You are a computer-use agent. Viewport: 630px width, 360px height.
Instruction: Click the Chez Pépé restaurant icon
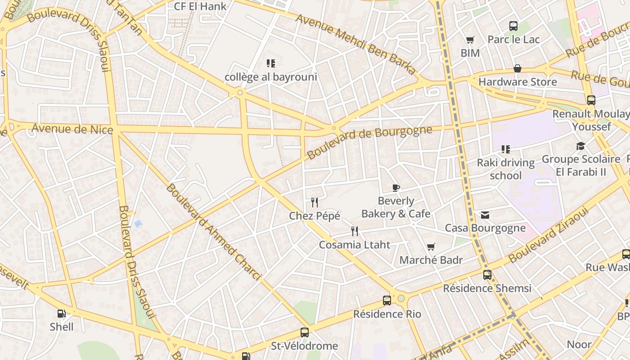pyautogui.click(x=315, y=202)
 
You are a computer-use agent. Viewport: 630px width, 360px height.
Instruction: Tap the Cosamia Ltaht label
pyautogui.click(x=355, y=245)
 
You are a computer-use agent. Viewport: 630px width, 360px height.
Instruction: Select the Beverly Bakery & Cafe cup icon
pyautogui.click(x=396, y=188)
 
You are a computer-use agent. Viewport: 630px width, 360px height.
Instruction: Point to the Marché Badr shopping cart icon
pyautogui.click(x=431, y=247)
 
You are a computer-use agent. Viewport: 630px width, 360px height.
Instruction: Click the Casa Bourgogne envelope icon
pyautogui.click(x=485, y=215)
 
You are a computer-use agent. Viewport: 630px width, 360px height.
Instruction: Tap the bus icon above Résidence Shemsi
pyautogui.click(x=487, y=274)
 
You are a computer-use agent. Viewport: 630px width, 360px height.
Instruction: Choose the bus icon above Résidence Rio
pyautogui.click(x=387, y=300)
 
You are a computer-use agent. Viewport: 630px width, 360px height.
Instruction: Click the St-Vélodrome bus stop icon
pyautogui.click(x=305, y=333)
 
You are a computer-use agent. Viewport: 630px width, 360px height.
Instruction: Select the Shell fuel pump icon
pyautogui.click(x=62, y=314)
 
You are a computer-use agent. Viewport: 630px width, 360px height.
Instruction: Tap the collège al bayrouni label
pyautogui.click(x=271, y=77)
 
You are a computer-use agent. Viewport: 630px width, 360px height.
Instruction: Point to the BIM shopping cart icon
pyautogui.click(x=470, y=40)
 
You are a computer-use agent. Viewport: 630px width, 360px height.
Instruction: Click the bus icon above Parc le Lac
pyautogui.click(x=513, y=26)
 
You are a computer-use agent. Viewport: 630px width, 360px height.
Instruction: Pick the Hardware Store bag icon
pyautogui.click(x=517, y=68)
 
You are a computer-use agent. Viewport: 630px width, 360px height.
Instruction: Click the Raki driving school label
pyautogui.click(x=506, y=169)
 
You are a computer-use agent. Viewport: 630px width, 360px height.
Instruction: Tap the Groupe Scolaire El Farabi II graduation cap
pyautogui.click(x=580, y=146)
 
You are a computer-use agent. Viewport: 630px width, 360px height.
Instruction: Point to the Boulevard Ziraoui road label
pyautogui.click(x=549, y=235)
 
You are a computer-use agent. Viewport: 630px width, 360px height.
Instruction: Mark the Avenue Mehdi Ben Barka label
pyautogui.click(x=355, y=44)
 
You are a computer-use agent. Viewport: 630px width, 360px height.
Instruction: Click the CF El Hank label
pyautogui.click(x=200, y=6)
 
